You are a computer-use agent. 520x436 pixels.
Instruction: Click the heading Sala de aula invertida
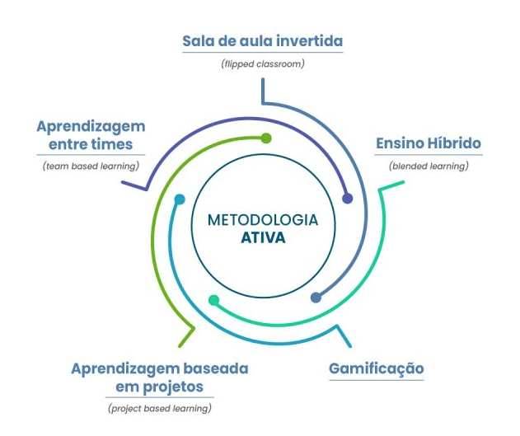click(x=262, y=40)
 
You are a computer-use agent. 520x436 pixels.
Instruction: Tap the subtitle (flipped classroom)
click(x=263, y=63)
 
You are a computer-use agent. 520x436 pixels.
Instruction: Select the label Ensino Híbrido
click(x=428, y=143)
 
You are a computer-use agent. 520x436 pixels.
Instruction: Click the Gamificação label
click(x=376, y=368)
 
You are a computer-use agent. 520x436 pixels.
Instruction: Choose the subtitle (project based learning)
click(x=159, y=409)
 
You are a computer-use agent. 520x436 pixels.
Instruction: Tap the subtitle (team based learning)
click(x=91, y=166)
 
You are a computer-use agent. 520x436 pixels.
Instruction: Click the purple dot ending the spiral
click(x=348, y=198)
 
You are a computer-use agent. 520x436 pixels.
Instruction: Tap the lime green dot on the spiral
click(x=265, y=138)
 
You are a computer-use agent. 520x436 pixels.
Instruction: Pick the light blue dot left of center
click(x=180, y=199)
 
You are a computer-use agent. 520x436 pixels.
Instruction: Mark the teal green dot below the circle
click(x=214, y=300)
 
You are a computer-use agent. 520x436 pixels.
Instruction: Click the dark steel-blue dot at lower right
click(x=316, y=297)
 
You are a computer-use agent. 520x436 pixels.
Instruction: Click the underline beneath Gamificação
click(x=376, y=379)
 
